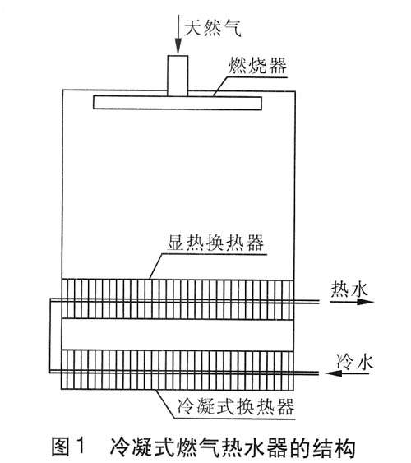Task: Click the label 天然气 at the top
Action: [x=213, y=28]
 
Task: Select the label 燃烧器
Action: [x=257, y=66]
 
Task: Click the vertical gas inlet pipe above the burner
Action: [x=178, y=76]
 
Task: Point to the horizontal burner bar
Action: [x=178, y=103]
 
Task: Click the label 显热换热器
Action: [x=215, y=243]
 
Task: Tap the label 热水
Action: [x=349, y=289]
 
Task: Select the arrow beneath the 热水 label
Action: [x=352, y=302]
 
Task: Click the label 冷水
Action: [x=355, y=361]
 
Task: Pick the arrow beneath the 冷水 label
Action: [x=347, y=373]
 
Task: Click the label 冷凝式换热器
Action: [x=236, y=406]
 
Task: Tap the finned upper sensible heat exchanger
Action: [x=178, y=299]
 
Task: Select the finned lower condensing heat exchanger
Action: [x=178, y=369]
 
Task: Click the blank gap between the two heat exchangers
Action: [x=178, y=335]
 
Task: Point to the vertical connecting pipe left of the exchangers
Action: [x=50, y=336]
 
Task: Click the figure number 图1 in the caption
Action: [x=68, y=447]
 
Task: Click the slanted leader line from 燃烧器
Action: [x=220, y=86]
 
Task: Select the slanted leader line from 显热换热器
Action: [x=156, y=266]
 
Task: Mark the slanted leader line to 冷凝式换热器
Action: [x=166, y=404]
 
